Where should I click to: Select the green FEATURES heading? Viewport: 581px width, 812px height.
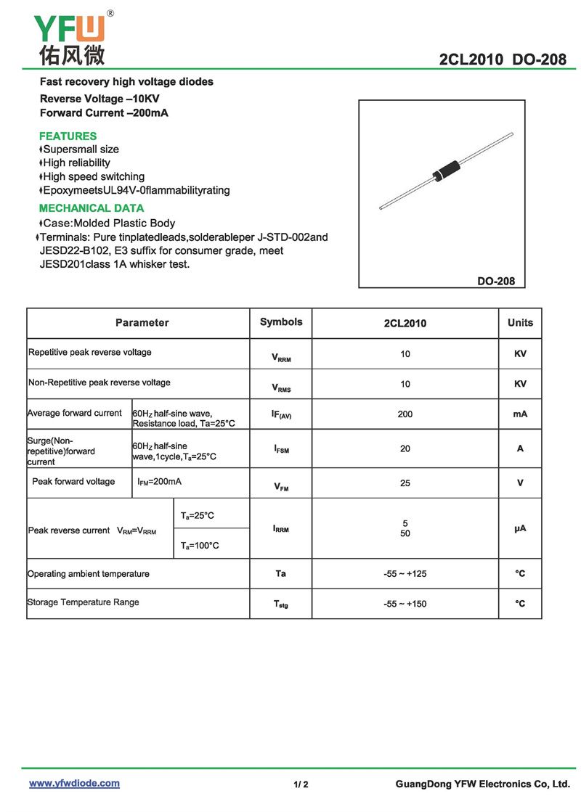point(68,136)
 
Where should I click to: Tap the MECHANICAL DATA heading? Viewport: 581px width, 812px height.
point(92,208)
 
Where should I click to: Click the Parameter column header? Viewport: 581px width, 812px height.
point(142,323)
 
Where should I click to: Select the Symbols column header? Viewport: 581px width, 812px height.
point(281,322)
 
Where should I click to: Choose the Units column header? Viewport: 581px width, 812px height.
point(520,323)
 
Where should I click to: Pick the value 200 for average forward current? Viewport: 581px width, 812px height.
point(405,414)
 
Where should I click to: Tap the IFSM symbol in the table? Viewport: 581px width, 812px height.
point(281,449)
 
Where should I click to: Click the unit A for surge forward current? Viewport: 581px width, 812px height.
point(520,448)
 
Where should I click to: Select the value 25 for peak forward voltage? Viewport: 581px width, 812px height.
point(405,483)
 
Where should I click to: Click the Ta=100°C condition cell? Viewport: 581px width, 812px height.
point(200,545)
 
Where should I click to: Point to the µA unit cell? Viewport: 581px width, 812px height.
point(520,529)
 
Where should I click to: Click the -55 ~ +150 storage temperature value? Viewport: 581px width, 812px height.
point(405,604)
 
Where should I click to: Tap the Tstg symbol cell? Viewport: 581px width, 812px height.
point(281,604)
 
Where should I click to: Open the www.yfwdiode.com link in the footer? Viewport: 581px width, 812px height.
point(74,784)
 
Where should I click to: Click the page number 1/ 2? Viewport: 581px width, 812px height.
point(301,784)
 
